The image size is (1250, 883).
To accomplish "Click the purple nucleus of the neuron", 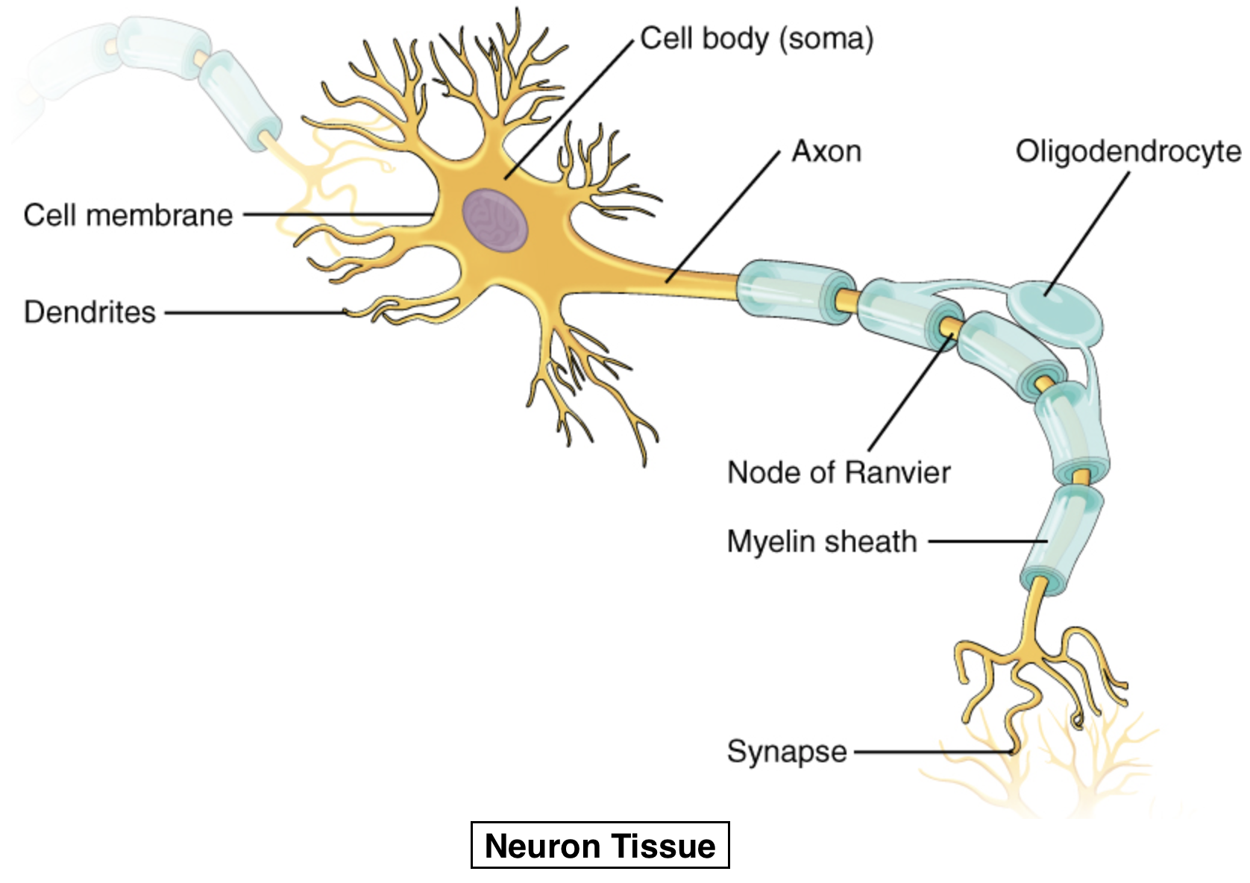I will [x=494, y=221].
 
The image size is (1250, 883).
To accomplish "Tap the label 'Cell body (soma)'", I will [x=756, y=39].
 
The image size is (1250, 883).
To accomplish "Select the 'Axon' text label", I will [x=826, y=151].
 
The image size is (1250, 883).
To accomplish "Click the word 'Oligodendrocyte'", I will [x=1128, y=151].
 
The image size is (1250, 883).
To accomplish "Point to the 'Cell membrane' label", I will [x=128, y=216].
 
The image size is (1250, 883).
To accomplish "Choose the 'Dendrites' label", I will [x=90, y=312].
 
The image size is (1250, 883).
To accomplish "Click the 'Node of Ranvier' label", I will [x=838, y=473].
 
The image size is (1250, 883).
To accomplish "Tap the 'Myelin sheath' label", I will [x=822, y=542].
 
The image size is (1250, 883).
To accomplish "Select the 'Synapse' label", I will [x=787, y=752].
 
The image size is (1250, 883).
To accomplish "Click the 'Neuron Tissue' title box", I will [x=600, y=846].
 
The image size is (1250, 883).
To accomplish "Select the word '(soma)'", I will [x=826, y=39].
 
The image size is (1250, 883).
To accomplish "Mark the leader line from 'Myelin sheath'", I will [x=984, y=542].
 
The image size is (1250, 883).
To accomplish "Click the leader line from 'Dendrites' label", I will [x=254, y=313].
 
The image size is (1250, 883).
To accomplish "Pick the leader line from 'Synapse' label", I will [x=932, y=752].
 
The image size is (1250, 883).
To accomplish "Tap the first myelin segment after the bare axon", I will [x=794, y=291].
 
